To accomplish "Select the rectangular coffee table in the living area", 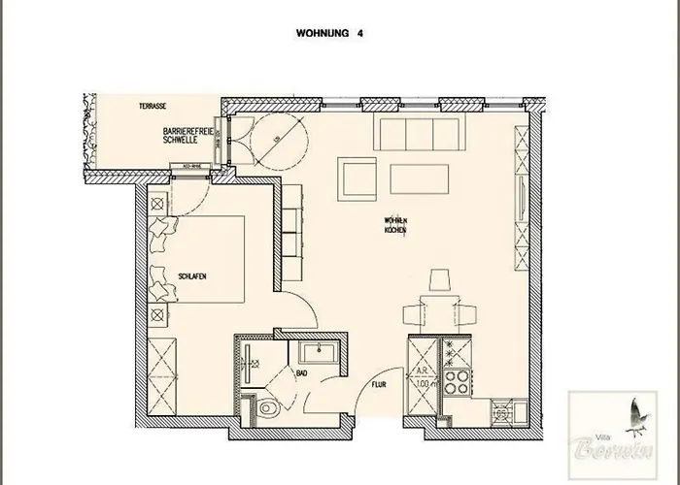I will pos(419,178).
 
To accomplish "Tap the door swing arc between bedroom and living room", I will pos(309,308).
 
